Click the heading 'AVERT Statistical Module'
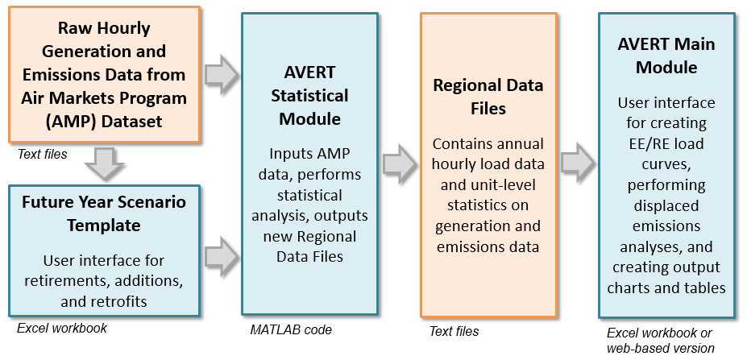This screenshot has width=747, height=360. click(309, 96)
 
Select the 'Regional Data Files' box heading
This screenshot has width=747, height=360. click(488, 96)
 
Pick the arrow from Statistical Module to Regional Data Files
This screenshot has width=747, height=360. click(400, 165)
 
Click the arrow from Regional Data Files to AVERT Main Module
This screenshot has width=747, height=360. click(578, 165)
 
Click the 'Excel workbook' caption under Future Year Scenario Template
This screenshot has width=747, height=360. click(61, 328)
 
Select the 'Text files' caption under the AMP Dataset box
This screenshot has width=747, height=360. click(42, 153)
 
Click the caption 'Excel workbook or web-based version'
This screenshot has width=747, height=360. click(660, 341)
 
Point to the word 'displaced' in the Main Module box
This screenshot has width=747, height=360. click(666, 205)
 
